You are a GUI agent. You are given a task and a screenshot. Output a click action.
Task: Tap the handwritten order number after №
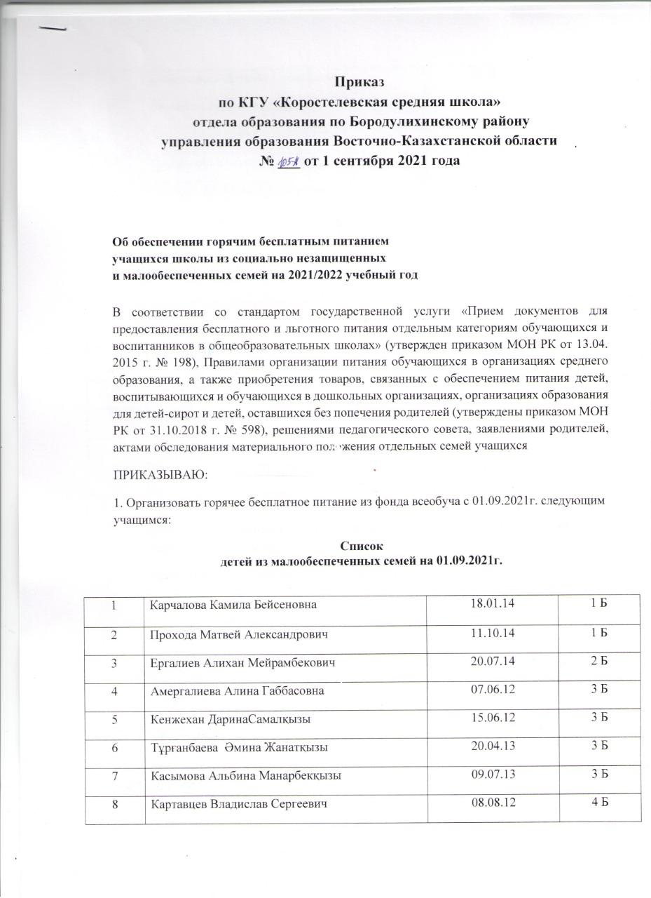(288, 161)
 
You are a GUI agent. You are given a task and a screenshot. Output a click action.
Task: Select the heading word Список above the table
(362, 546)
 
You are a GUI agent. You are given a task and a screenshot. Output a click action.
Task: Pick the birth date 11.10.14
(493, 634)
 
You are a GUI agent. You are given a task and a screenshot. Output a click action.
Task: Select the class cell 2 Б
(598, 662)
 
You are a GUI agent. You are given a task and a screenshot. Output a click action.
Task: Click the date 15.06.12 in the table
(493, 719)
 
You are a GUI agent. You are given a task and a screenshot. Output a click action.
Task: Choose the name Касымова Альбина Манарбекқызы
(237, 777)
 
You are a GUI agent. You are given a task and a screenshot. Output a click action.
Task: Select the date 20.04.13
(493, 747)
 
